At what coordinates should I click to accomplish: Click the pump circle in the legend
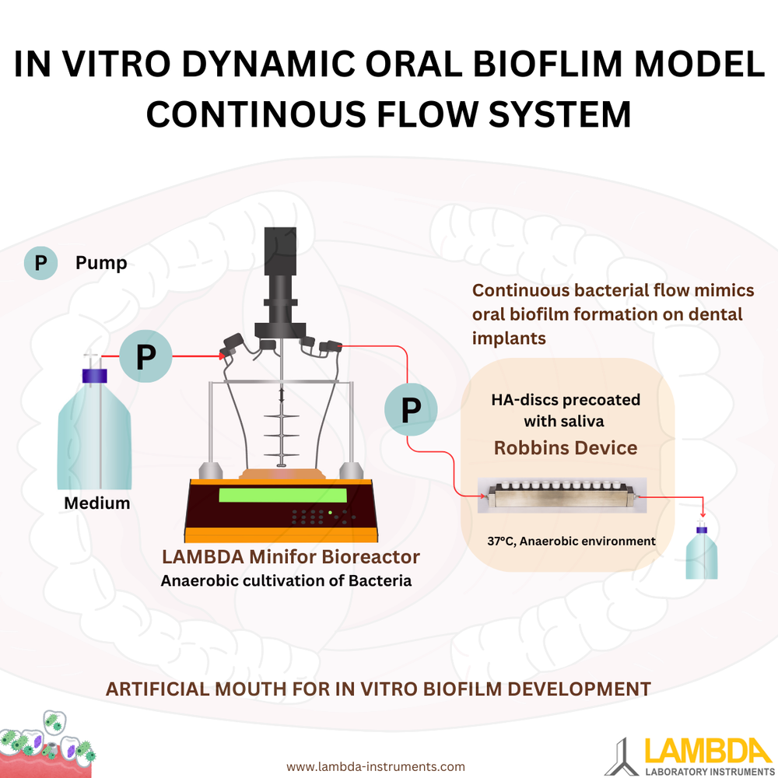click(x=40, y=264)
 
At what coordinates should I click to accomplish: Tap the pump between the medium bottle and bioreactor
click(x=145, y=357)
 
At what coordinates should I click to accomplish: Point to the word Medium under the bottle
click(x=96, y=503)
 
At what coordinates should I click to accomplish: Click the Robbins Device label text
click(x=566, y=447)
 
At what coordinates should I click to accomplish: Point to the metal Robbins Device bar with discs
click(x=560, y=498)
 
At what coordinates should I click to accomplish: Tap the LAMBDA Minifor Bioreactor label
click(x=290, y=557)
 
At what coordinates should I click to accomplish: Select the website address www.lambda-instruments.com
click(x=376, y=766)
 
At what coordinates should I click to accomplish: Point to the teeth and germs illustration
click(x=47, y=747)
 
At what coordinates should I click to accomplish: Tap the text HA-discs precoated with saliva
click(x=566, y=410)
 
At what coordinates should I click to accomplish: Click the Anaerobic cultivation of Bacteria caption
click(x=286, y=580)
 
